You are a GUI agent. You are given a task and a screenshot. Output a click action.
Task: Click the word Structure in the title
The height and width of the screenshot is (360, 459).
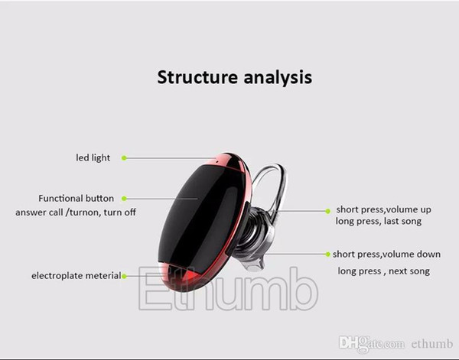[x=197, y=77]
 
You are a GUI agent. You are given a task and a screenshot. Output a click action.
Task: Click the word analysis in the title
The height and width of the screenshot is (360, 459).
[x=278, y=78]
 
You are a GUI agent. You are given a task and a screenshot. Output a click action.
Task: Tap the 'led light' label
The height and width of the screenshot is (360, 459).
[x=93, y=158]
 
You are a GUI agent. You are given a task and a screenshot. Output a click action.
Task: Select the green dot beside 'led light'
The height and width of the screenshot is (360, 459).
[x=124, y=158]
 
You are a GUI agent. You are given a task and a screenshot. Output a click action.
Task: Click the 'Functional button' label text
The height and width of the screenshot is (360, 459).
[x=76, y=198]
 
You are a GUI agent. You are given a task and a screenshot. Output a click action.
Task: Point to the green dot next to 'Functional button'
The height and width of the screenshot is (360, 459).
[x=124, y=199]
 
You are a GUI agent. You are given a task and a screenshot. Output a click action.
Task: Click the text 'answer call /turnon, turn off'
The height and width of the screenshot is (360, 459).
[x=76, y=212]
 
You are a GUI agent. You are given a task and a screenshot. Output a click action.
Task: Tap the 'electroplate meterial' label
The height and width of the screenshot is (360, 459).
[x=76, y=275]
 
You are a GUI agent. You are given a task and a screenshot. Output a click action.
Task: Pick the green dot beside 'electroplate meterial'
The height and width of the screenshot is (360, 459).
[x=124, y=276]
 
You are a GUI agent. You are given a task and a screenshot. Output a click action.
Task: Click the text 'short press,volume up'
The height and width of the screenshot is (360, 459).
[x=383, y=209]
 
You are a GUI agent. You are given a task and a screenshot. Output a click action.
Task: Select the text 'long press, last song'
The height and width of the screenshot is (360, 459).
[x=379, y=222]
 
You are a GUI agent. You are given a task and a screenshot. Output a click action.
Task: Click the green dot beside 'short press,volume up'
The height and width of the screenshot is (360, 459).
[x=328, y=211]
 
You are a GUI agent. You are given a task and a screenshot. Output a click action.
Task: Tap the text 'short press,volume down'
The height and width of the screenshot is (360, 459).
[x=386, y=254]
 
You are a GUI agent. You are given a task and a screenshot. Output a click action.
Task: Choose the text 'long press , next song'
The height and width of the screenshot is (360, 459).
[x=384, y=271]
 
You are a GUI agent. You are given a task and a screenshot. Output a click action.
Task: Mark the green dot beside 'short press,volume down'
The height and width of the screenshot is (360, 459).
[x=328, y=254]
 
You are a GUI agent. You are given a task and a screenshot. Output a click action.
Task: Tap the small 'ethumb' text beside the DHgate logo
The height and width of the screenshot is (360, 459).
[x=432, y=344]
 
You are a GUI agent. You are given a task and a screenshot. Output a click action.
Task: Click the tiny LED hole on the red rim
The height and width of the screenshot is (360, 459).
[x=217, y=161]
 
